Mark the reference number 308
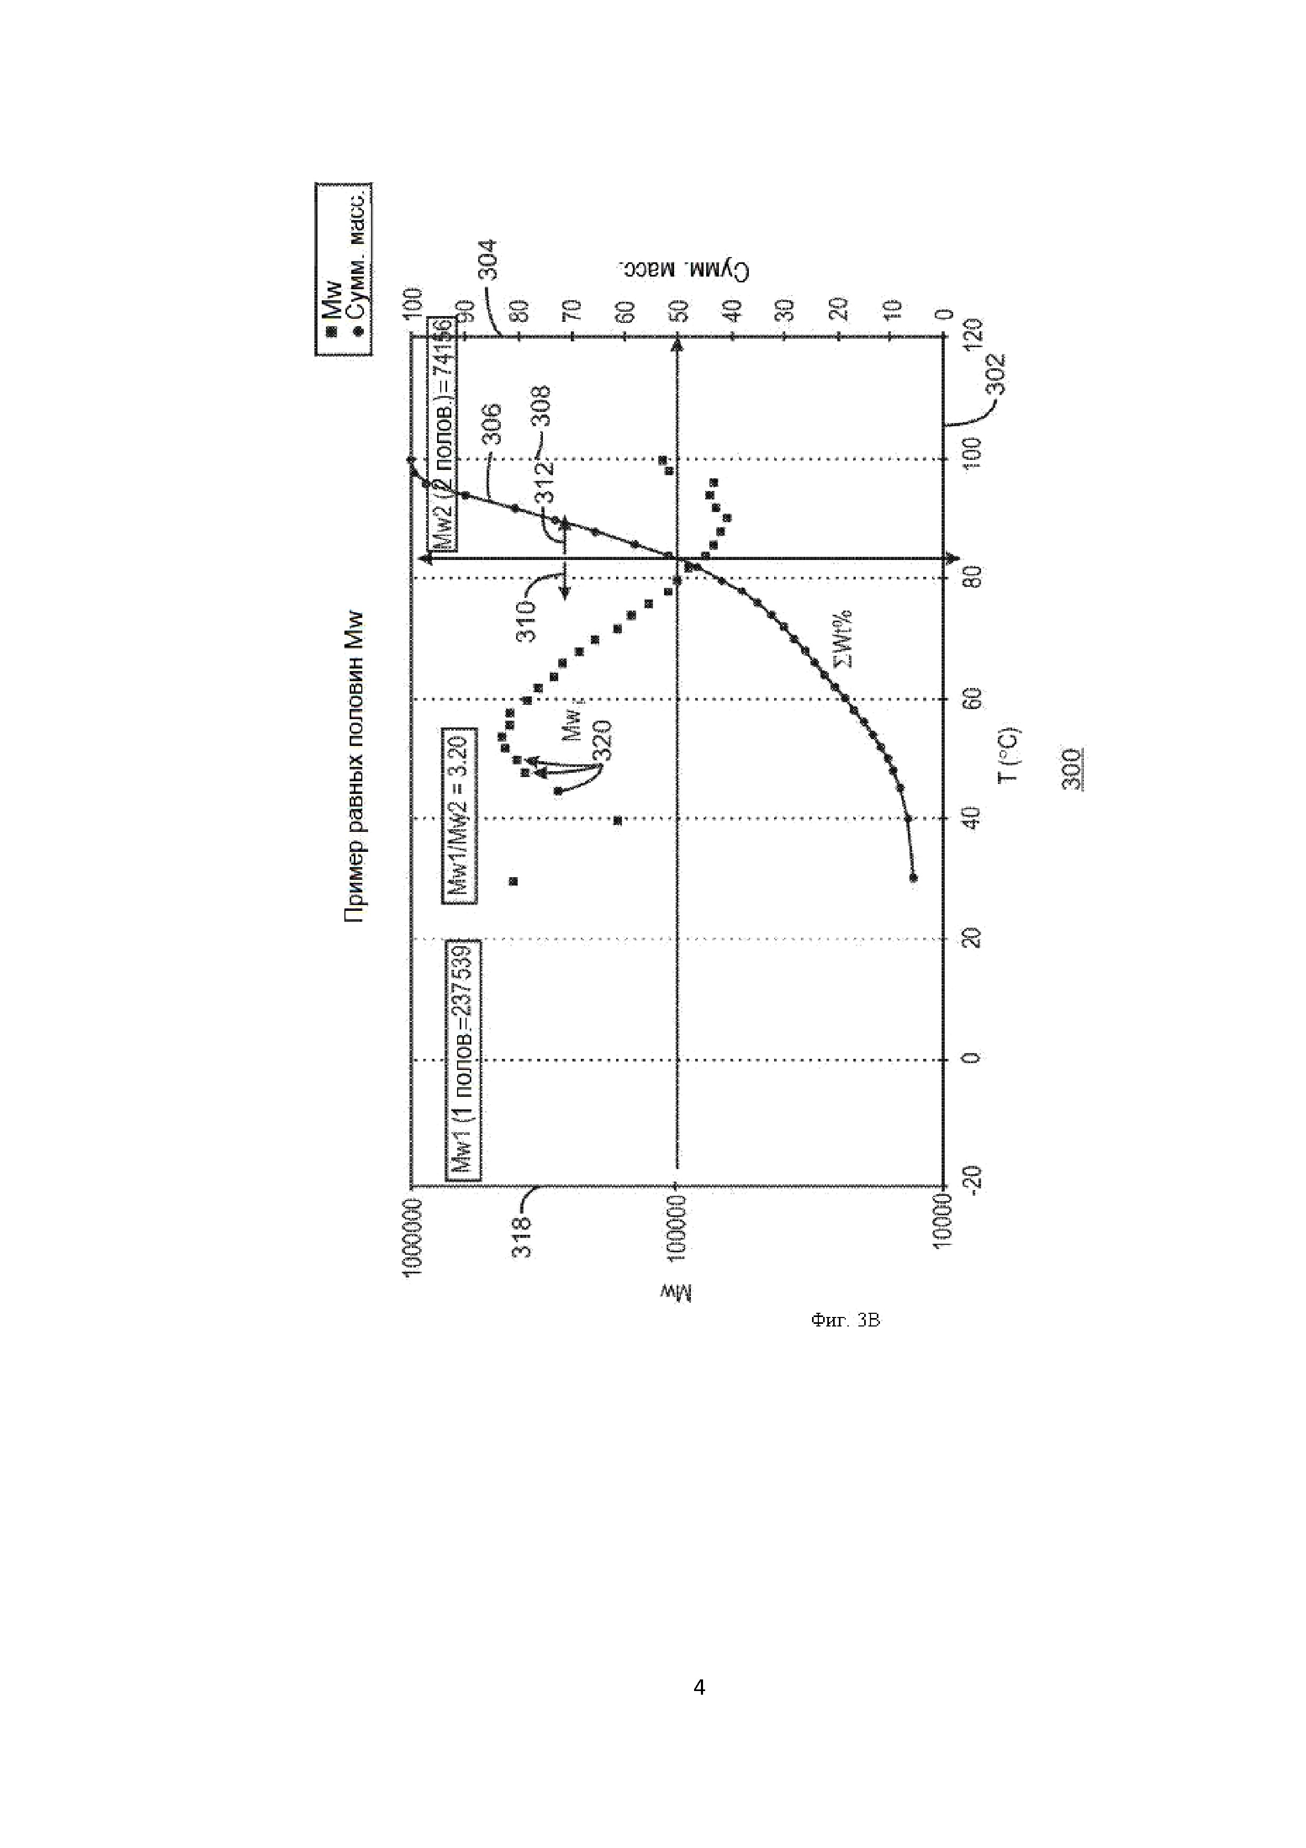tap(541, 407)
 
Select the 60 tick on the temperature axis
tap(972, 699)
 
